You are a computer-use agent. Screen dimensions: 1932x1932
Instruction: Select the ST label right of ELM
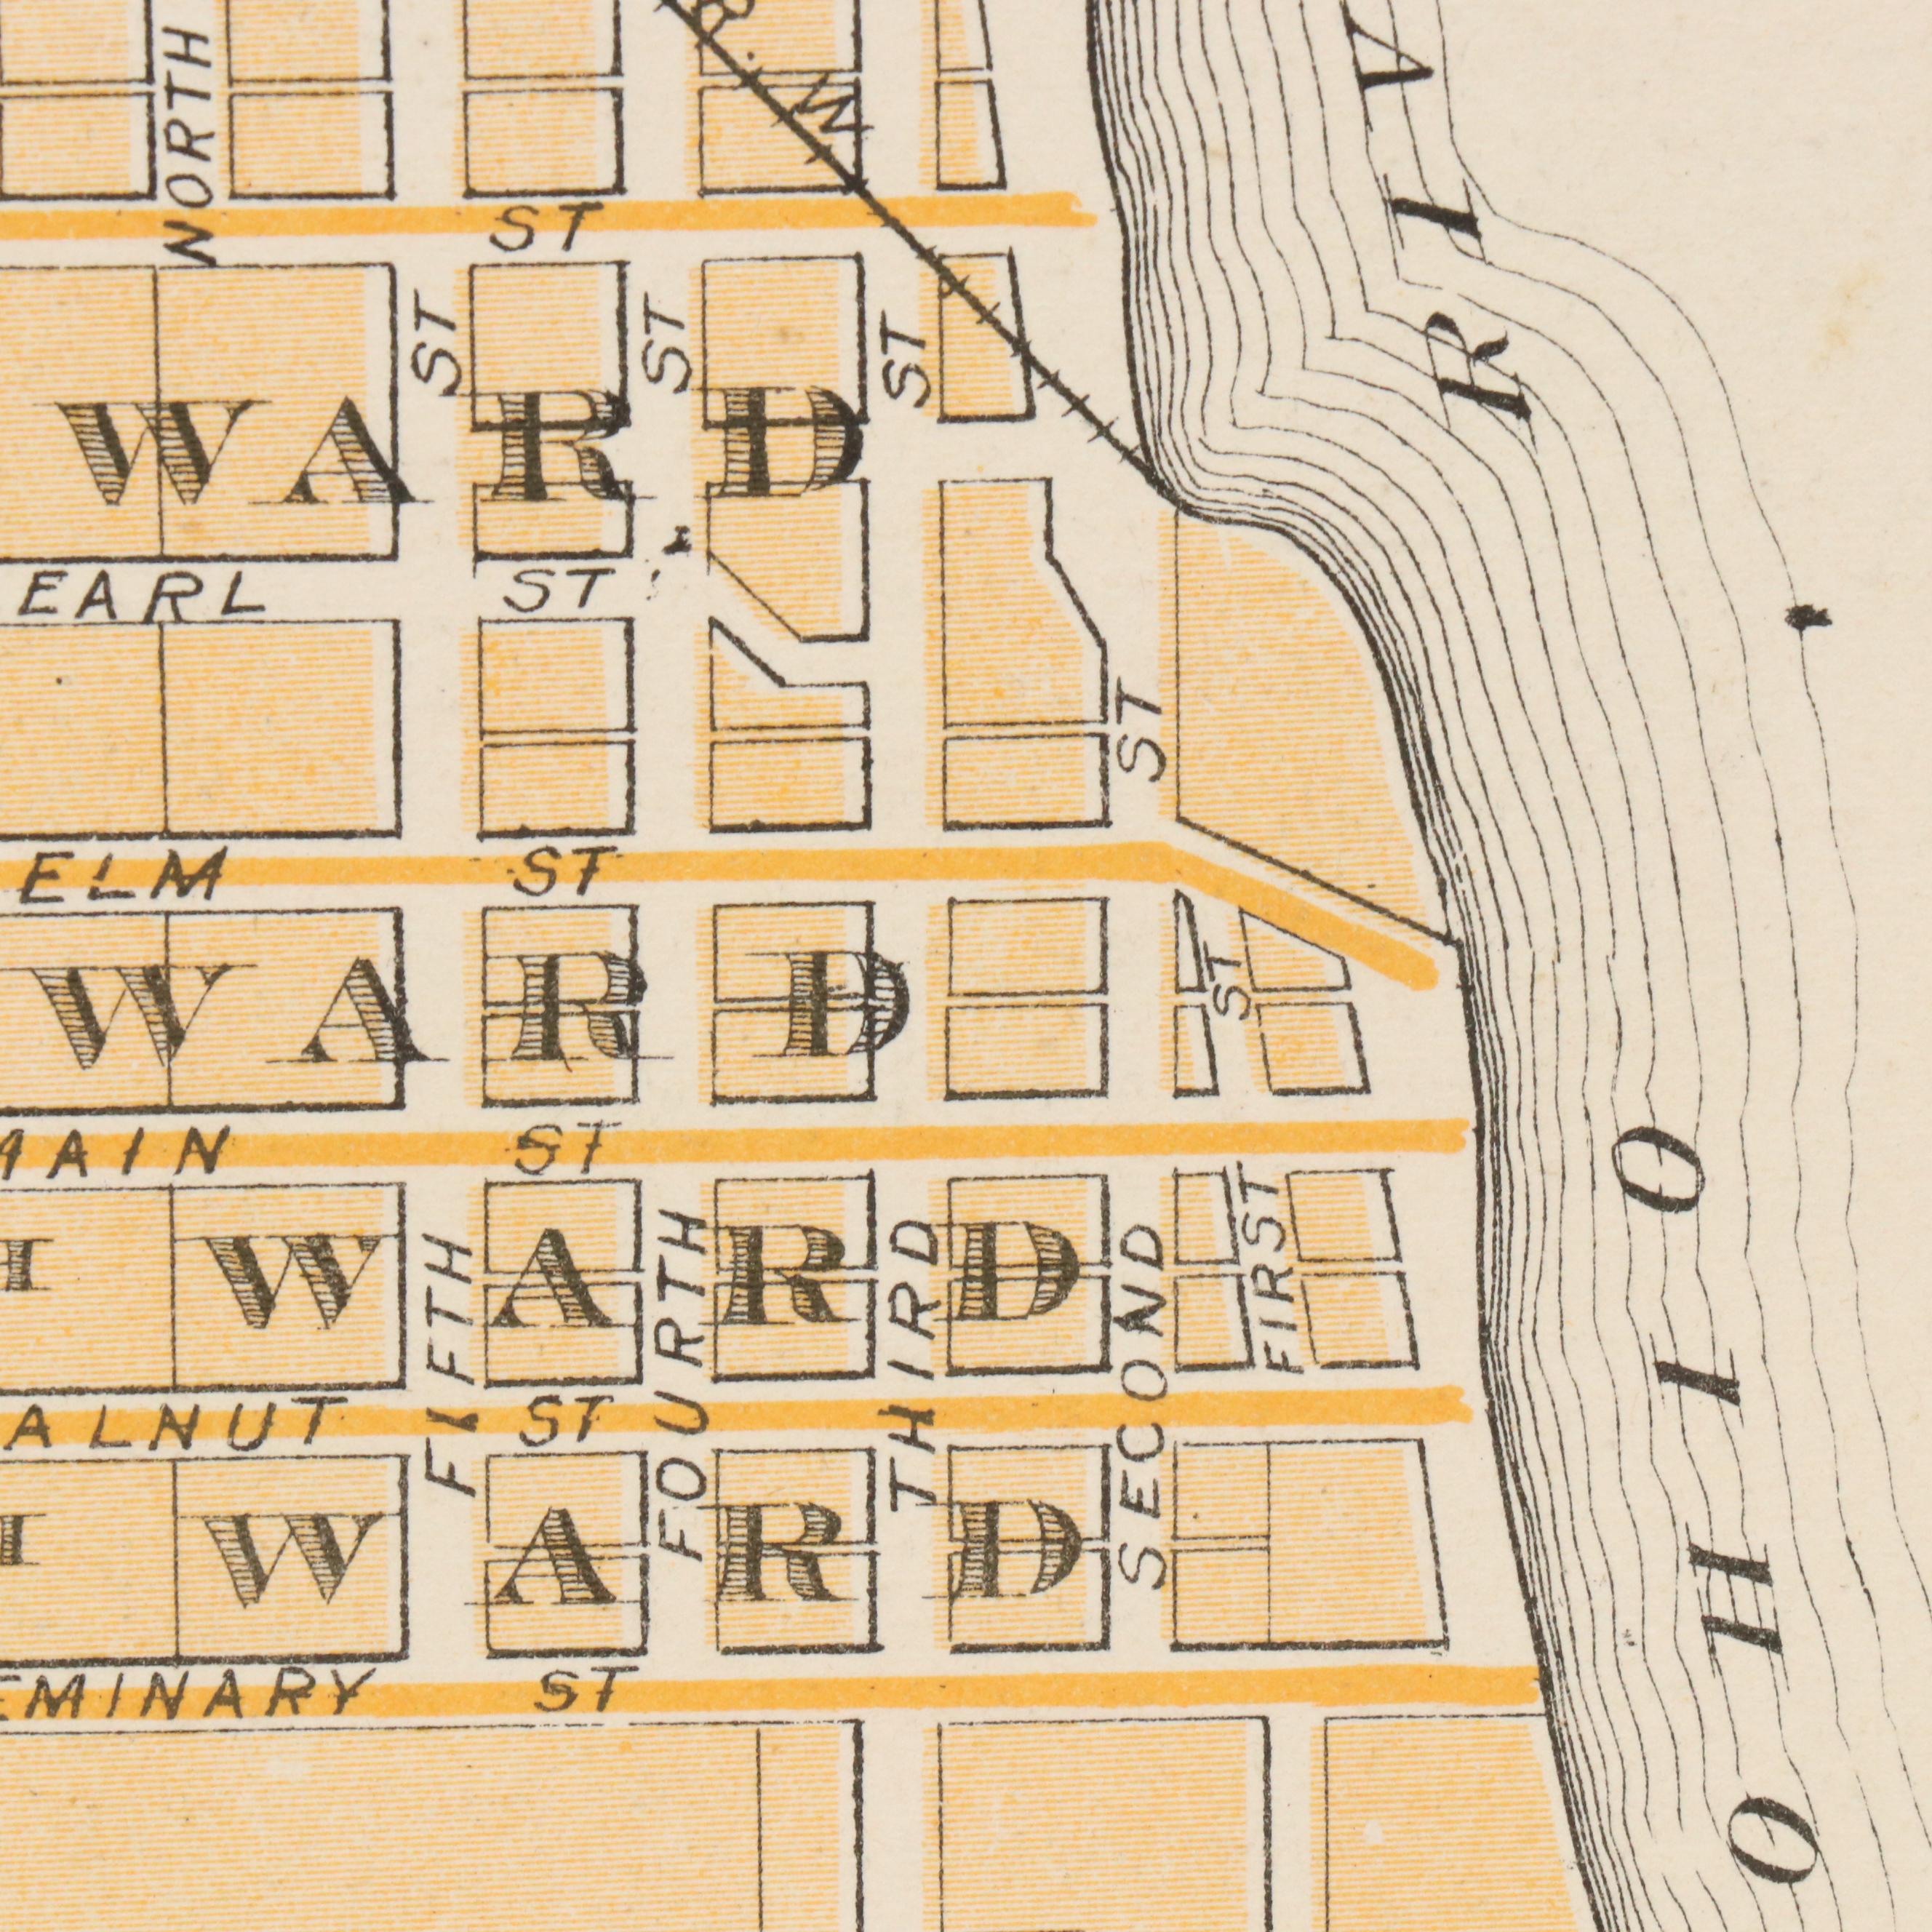559,873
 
